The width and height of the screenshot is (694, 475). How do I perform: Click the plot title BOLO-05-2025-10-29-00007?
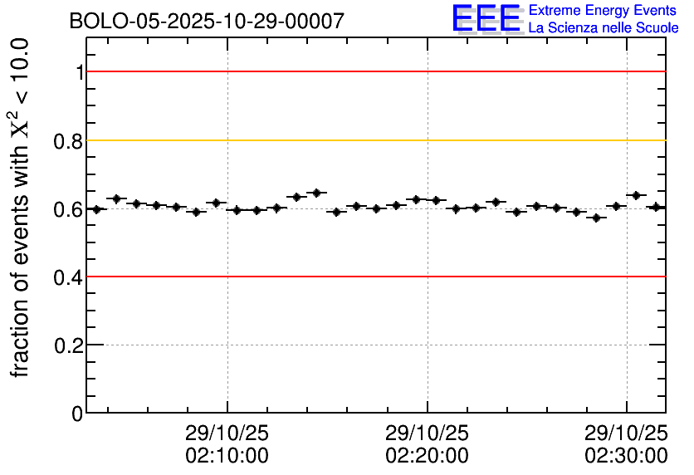pyautogui.click(x=207, y=22)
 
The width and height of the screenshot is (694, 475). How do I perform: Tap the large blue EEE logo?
pyautogui.click(x=486, y=18)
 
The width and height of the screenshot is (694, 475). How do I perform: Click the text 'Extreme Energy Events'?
pyautogui.click(x=603, y=11)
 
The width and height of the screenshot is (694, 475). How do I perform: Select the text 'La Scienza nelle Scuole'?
pyautogui.click(x=604, y=27)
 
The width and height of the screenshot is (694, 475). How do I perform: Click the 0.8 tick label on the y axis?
pyautogui.click(x=69, y=141)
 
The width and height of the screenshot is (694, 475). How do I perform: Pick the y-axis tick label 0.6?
pyautogui.click(x=69, y=209)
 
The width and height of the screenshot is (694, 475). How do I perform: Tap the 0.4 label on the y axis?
pyautogui.click(x=69, y=277)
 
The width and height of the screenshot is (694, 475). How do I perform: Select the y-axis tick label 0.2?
pyautogui.click(x=69, y=345)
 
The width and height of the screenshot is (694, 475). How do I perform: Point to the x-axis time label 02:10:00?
pyautogui.click(x=227, y=456)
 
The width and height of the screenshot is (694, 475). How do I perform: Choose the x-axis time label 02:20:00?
pyautogui.click(x=427, y=456)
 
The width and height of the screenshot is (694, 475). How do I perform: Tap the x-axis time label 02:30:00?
pyautogui.click(x=626, y=456)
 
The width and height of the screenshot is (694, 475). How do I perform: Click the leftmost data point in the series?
pyautogui.click(x=96, y=209)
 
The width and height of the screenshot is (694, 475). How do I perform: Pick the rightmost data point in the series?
pyautogui.click(x=657, y=207)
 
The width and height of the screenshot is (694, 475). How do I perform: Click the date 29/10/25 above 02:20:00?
pyautogui.click(x=427, y=433)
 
